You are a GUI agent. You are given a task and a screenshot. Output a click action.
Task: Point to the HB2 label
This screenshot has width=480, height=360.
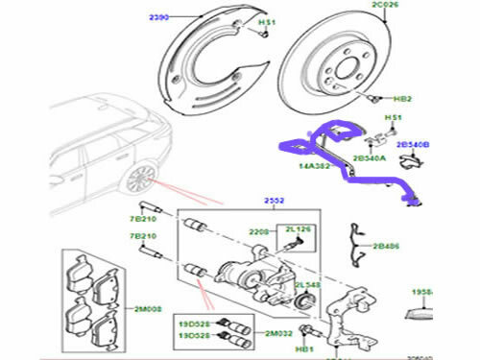[x=403, y=99]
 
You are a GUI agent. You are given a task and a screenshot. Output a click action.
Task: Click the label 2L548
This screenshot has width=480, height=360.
[x=306, y=286]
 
